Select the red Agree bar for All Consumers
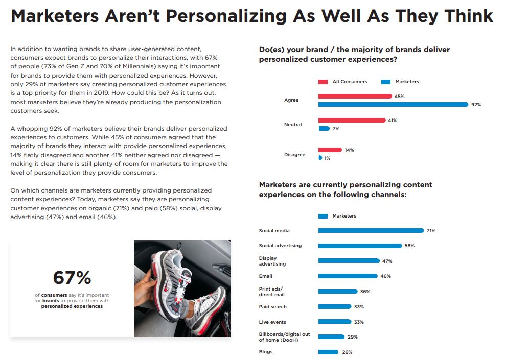[355, 96]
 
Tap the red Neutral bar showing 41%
[352, 121]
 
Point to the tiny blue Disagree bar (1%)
[320, 158]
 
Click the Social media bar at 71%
[371, 231]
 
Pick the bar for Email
[348, 276]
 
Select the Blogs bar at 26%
[328, 352]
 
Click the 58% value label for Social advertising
[409, 246]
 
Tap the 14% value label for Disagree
[349, 150]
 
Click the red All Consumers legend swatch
[323, 82]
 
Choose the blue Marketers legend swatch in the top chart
[386, 82]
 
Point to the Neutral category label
[293, 125]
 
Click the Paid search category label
[272, 307]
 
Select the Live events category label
[272, 322]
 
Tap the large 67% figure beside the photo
[72, 278]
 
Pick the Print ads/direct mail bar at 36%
[338, 292]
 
